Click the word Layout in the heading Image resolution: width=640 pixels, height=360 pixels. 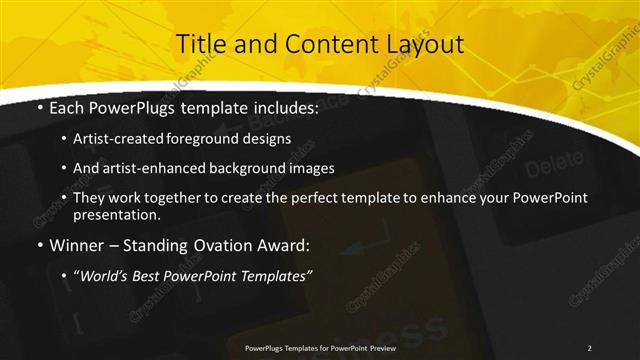(x=425, y=45)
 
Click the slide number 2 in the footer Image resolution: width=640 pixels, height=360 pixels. (x=590, y=347)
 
